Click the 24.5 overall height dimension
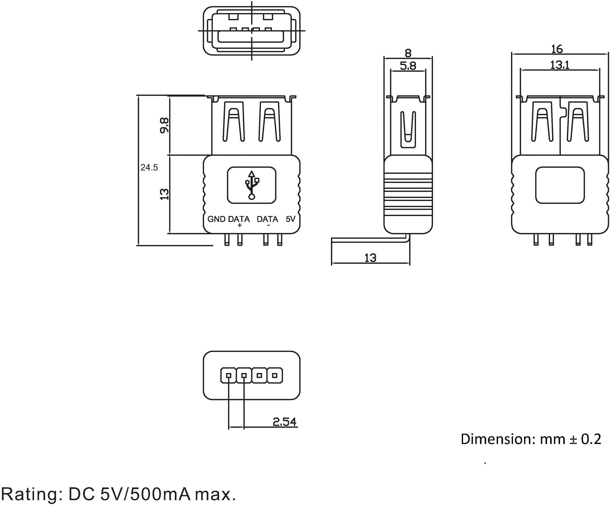click(149, 167)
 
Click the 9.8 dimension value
click(164, 125)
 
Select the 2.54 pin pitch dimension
click(284, 422)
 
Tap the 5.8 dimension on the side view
click(408, 66)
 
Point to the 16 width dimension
click(557, 49)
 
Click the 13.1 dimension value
click(559, 65)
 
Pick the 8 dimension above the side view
click(408, 53)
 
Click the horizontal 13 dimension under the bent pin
click(370, 258)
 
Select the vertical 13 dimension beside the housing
click(164, 194)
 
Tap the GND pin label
click(216, 219)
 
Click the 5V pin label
click(290, 219)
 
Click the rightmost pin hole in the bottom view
click(275, 376)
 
